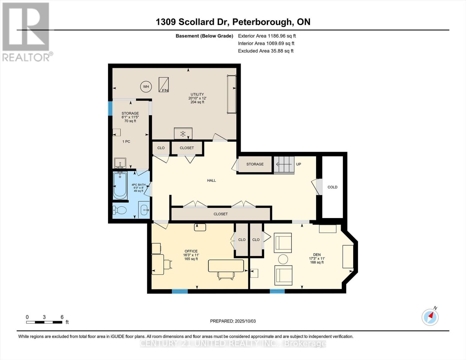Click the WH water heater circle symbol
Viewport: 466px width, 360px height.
146,87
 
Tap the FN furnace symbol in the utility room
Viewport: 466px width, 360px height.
164,85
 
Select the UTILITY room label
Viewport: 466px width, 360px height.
197,94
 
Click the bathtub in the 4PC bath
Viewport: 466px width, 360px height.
120,185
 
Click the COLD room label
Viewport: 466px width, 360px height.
332,187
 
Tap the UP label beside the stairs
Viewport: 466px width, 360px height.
299,164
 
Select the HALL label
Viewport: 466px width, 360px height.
212,181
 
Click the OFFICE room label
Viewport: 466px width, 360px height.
191,251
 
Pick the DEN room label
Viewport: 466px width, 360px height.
317,255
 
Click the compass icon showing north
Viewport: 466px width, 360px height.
430,317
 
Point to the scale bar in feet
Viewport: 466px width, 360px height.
44,322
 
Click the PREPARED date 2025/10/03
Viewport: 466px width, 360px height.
233,321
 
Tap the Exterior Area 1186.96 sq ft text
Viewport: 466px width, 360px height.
267,36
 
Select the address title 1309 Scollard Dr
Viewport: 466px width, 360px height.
233,22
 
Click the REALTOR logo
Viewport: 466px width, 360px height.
26,31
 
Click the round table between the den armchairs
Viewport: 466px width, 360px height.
283,259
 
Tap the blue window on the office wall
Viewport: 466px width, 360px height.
180,291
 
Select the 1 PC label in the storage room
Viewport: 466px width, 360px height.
126,142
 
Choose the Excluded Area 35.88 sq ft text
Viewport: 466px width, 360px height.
266,51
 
